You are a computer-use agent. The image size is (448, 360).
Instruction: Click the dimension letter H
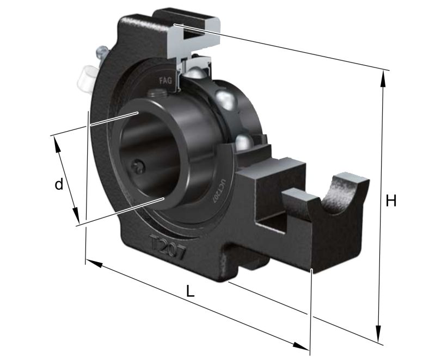tap(390, 201)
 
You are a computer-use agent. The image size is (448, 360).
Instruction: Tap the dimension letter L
tap(189, 291)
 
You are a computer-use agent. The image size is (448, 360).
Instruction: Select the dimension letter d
tap(59, 184)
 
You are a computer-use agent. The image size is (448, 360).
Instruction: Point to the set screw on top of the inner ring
tap(158, 96)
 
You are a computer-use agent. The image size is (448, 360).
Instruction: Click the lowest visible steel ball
tap(246, 142)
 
